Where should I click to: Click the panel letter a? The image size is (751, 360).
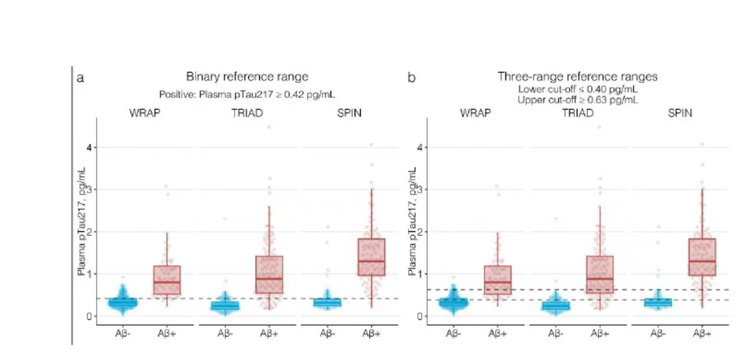coord(81,77)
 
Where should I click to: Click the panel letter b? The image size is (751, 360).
coord(412,77)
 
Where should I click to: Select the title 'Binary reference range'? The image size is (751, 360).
coord(247,77)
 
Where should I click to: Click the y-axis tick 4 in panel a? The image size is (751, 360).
coord(88,147)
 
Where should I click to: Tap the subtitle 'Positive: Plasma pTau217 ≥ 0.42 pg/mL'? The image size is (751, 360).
coord(247,94)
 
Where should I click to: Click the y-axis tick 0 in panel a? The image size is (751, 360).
coord(88,316)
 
